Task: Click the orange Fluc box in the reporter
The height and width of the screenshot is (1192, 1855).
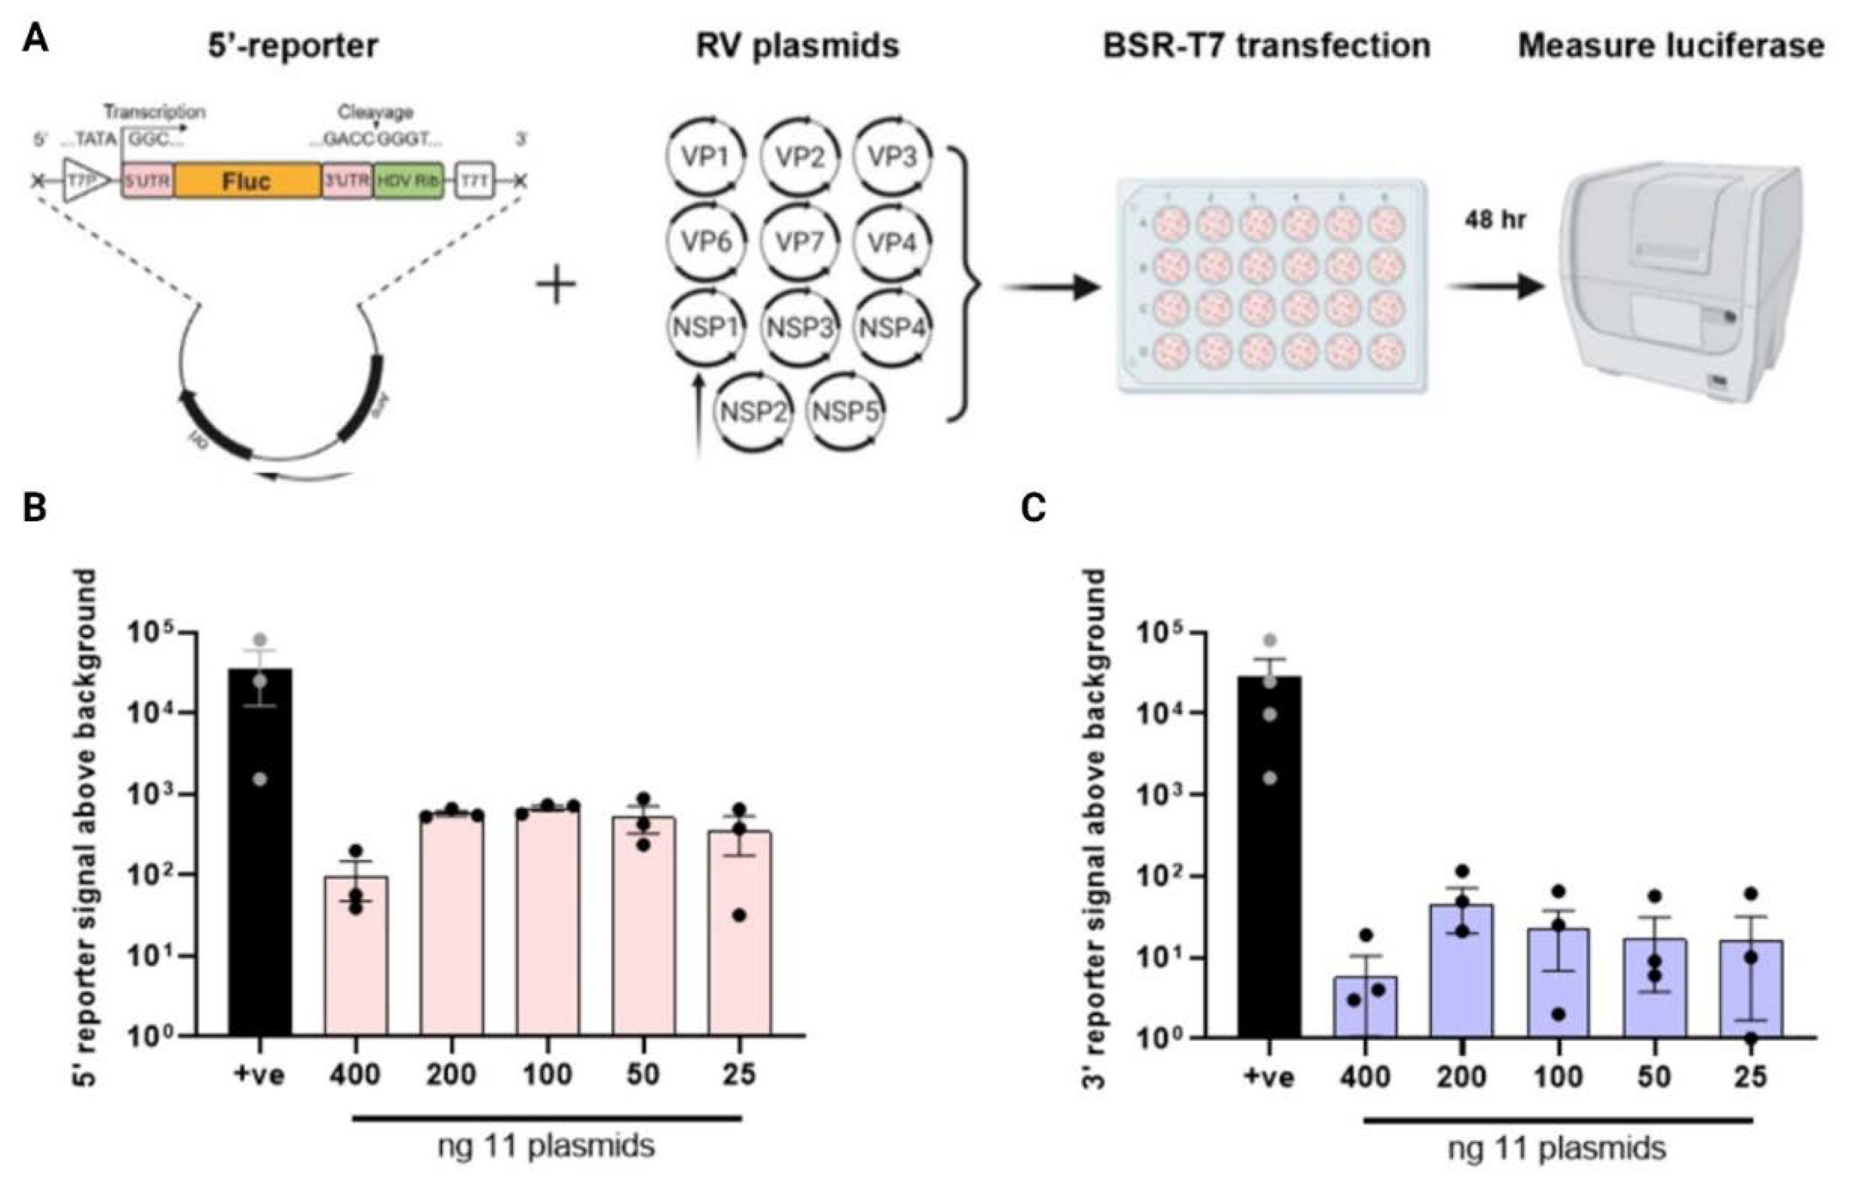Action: pyautogui.click(x=246, y=181)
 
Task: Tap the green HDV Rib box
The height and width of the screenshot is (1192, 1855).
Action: pyautogui.click(x=408, y=181)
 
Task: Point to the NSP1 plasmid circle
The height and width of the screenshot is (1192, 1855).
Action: pyautogui.click(x=706, y=327)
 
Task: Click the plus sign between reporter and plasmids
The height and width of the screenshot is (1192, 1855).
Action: pyautogui.click(x=556, y=286)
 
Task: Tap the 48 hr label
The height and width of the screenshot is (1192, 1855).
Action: pyautogui.click(x=1494, y=220)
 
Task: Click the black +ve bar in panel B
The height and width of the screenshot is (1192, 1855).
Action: pyautogui.click(x=260, y=852)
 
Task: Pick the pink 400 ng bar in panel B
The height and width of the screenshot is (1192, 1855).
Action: pyautogui.click(x=356, y=956)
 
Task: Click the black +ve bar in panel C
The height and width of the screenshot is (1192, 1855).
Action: pyautogui.click(x=1270, y=855)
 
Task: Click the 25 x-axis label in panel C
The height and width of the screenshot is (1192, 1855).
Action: pyautogui.click(x=1751, y=1077)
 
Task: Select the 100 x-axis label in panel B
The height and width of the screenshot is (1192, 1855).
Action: pyautogui.click(x=547, y=1075)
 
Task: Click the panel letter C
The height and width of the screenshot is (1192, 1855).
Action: pyautogui.click(x=1035, y=509)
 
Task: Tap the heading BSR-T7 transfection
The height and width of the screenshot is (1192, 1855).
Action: pyautogui.click(x=1266, y=46)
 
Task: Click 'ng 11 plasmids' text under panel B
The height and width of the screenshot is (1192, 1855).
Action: pyautogui.click(x=547, y=1146)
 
